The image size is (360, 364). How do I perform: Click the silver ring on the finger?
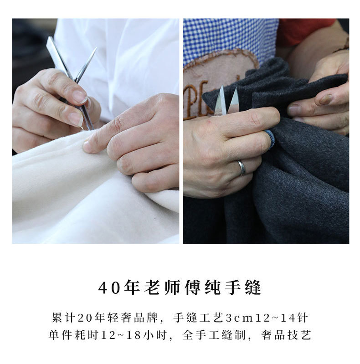coord(242,168)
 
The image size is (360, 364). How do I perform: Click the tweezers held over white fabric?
coord(72,81)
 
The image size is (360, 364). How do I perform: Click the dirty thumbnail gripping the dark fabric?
coord(326,99)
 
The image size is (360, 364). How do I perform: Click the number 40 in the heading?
coord(109,288)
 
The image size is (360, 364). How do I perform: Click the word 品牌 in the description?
coord(146,318)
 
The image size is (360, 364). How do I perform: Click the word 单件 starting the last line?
coord(61,335)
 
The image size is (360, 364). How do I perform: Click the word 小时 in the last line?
coord(155,335)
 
